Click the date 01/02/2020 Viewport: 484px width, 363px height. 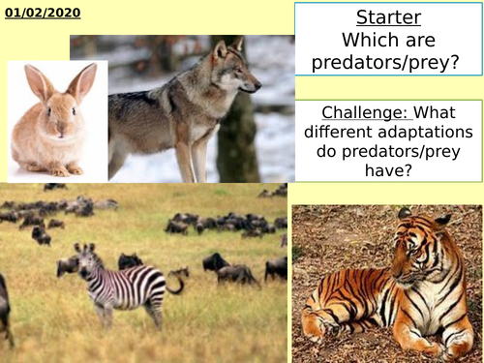tap(42, 14)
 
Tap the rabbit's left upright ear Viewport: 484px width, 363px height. tap(39, 83)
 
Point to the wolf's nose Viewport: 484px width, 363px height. tap(257, 84)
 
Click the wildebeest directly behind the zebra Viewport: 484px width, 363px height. tap(131, 261)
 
